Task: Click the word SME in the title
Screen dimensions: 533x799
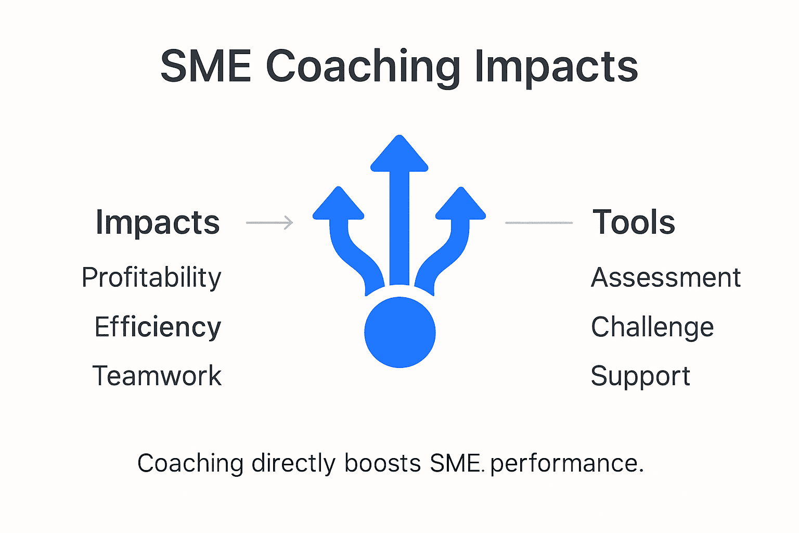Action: click(x=206, y=66)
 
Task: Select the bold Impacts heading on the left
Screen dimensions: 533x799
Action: click(x=158, y=223)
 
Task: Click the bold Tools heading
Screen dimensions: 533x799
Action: click(x=634, y=222)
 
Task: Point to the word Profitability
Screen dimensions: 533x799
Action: click(x=151, y=277)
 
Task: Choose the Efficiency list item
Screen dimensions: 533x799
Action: click(x=158, y=327)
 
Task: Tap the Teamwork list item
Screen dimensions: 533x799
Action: click(x=157, y=376)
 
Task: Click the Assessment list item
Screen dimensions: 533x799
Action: click(x=666, y=277)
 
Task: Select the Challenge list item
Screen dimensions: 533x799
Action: click(x=652, y=327)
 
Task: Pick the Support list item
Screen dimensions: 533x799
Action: click(x=640, y=376)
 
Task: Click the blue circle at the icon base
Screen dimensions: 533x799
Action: click(x=399, y=332)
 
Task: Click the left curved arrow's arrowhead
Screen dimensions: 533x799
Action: click(x=339, y=205)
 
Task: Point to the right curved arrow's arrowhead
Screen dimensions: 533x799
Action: click(x=460, y=205)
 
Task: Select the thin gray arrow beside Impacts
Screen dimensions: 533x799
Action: click(x=269, y=223)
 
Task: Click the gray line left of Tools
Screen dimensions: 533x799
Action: click(x=539, y=223)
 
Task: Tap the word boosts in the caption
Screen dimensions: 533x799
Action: click(x=382, y=463)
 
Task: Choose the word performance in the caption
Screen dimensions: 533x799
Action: click(x=566, y=464)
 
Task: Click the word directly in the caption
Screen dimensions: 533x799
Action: click(x=293, y=463)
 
